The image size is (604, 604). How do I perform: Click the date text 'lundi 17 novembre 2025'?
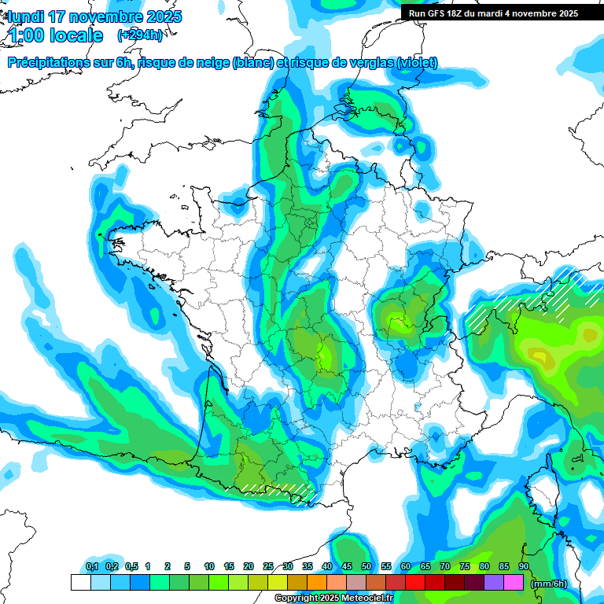[x=94, y=17]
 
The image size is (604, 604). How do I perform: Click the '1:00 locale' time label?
[x=55, y=35]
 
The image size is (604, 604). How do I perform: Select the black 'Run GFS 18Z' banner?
[x=492, y=13]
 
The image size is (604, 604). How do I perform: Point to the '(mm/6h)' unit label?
[x=549, y=583]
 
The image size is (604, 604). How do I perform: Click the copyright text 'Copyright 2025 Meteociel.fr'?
[x=334, y=598]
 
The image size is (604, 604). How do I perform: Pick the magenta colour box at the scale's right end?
[x=514, y=583]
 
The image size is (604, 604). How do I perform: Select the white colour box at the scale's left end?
[x=80, y=583]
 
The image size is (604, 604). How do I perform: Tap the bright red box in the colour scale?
[x=415, y=583]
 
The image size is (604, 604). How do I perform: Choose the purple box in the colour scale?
[x=494, y=583]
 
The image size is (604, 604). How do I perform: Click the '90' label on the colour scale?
[x=523, y=567]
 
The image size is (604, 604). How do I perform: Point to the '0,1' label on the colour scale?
[x=91, y=567]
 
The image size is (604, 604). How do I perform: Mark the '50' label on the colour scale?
[x=366, y=567]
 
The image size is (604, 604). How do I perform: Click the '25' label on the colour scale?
[x=268, y=567]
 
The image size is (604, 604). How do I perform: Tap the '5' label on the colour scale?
[x=187, y=567]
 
